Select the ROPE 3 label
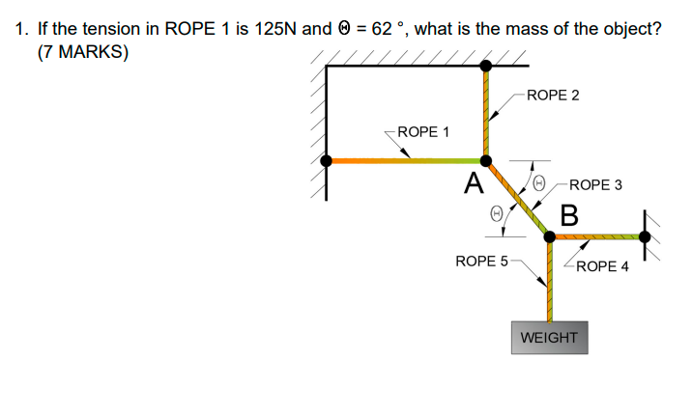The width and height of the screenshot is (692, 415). (x=596, y=183)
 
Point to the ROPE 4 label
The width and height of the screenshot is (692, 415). (x=602, y=265)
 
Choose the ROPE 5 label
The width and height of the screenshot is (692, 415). (x=480, y=261)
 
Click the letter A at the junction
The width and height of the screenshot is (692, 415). (x=473, y=182)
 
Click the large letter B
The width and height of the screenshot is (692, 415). (x=569, y=214)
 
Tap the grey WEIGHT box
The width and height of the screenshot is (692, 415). (x=549, y=338)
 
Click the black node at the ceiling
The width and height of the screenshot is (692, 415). (x=486, y=66)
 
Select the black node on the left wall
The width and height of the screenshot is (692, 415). (x=327, y=161)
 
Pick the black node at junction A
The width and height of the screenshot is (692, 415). (x=486, y=161)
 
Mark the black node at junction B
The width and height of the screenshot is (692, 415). (x=549, y=235)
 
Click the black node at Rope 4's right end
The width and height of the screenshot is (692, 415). (x=645, y=235)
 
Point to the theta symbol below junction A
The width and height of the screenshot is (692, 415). (x=496, y=214)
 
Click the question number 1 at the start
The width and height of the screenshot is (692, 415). (x=21, y=28)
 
